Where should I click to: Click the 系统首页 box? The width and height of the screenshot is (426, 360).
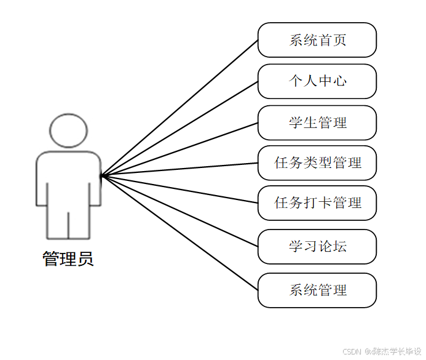pos(317,41)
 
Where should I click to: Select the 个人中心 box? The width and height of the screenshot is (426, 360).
pos(317,81)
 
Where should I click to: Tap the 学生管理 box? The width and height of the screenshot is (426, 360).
pos(317,122)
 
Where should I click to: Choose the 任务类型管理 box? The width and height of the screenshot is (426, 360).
pos(317,163)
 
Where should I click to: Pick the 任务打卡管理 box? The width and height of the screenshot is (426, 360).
pos(317,203)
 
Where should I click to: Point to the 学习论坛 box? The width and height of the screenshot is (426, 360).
pos(317,247)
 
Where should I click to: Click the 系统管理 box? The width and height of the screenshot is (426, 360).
pos(317,290)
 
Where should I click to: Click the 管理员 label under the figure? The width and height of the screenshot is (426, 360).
pos(68,258)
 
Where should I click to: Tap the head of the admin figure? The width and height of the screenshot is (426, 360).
pos(69,130)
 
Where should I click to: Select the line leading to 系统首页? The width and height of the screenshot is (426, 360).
pos(179,108)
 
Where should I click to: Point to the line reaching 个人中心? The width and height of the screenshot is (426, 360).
pos(179,129)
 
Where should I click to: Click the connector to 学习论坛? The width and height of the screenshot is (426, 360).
pos(179,212)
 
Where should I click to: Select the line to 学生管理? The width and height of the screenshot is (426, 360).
pos(179,150)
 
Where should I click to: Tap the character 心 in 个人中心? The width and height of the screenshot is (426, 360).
pos(339,81)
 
